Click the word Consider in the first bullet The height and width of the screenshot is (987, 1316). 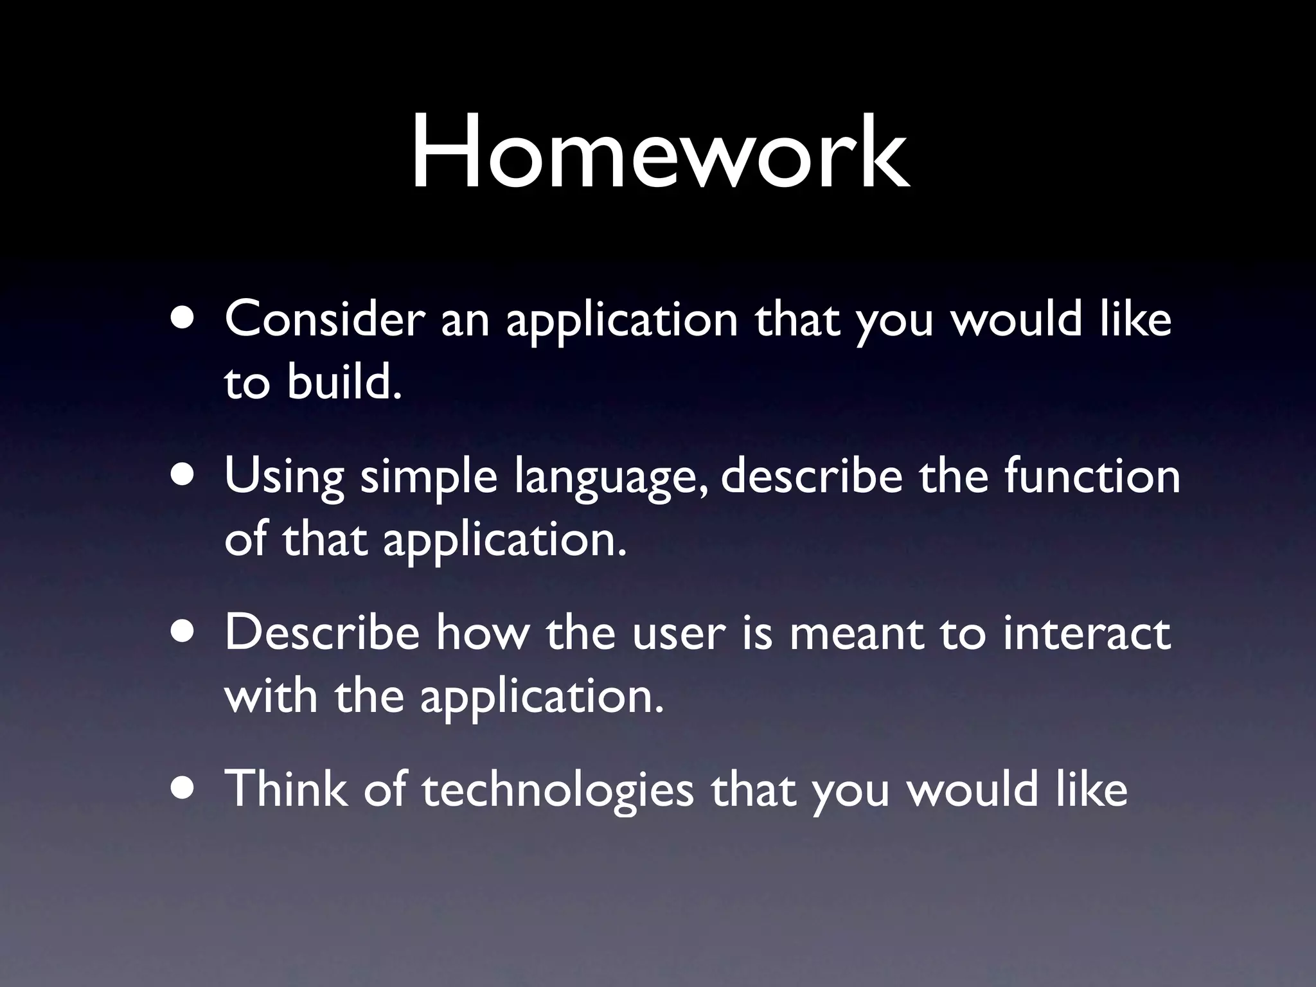click(x=325, y=319)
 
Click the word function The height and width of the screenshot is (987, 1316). click(x=1092, y=476)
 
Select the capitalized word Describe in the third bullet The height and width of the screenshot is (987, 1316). click(x=322, y=633)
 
